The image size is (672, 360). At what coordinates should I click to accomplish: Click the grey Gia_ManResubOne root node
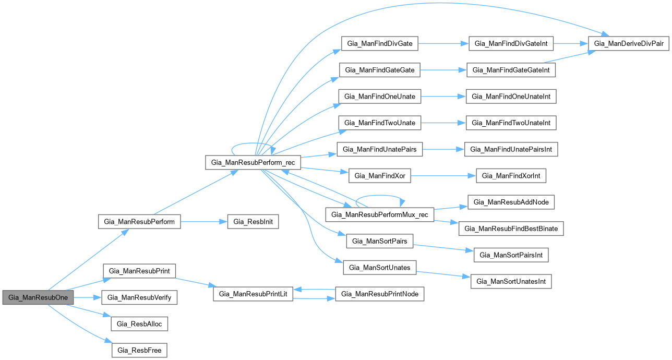(x=38, y=297)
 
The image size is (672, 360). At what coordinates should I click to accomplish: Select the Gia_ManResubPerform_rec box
(x=253, y=162)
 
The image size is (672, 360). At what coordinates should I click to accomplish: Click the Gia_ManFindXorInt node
(x=511, y=176)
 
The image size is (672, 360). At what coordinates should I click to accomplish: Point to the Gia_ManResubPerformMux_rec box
(x=379, y=214)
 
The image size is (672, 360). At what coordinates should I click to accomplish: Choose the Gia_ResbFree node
(x=139, y=350)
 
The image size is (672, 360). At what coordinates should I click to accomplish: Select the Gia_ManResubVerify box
(x=139, y=297)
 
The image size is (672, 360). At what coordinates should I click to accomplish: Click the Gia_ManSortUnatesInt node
(x=511, y=281)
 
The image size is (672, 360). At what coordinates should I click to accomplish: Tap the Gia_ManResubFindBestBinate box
(x=511, y=229)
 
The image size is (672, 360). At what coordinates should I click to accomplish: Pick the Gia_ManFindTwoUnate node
(x=379, y=123)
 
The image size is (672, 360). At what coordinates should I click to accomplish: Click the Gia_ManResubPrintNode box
(x=379, y=294)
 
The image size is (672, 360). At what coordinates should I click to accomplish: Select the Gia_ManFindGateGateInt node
(x=511, y=70)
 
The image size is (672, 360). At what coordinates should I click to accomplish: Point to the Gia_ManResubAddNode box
(x=511, y=202)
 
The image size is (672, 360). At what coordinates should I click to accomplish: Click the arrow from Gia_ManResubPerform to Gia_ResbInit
(x=204, y=222)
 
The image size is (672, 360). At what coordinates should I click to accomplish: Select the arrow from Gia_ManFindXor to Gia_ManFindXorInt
(x=443, y=176)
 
